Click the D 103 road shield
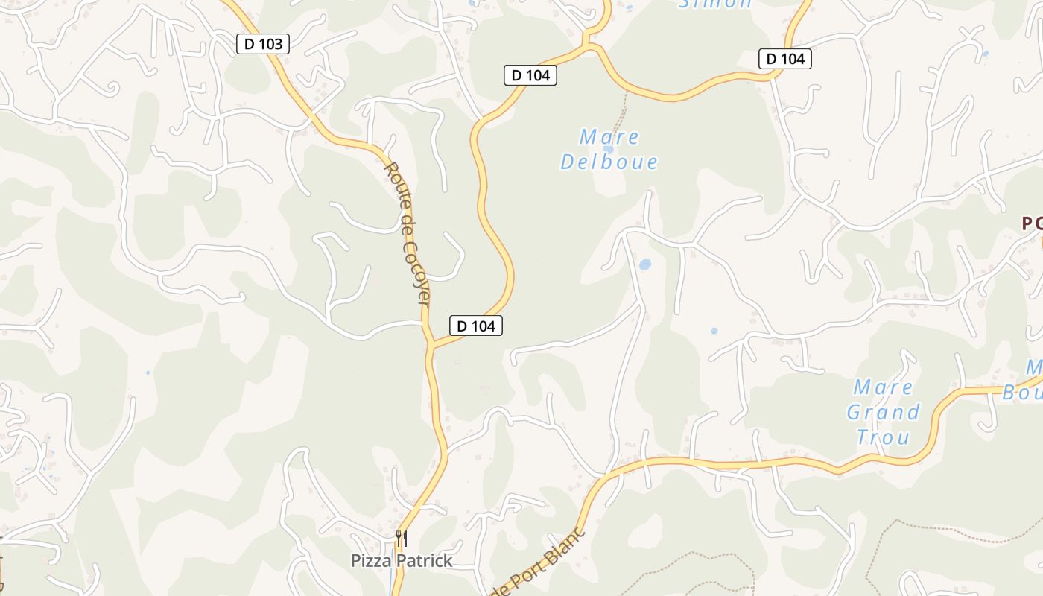click(x=263, y=44)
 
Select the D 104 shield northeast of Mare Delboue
click(x=785, y=59)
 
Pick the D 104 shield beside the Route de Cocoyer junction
click(x=476, y=326)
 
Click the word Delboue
click(x=609, y=162)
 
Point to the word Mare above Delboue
click(x=609, y=137)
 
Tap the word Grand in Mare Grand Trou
click(x=884, y=412)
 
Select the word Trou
click(x=884, y=437)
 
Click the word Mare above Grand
click(x=883, y=387)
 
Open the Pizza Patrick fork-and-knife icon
click(x=401, y=539)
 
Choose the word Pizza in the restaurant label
click(x=370, y=561)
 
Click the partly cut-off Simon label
click(x=714, y=4)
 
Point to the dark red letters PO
click(x=1032, y=223)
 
